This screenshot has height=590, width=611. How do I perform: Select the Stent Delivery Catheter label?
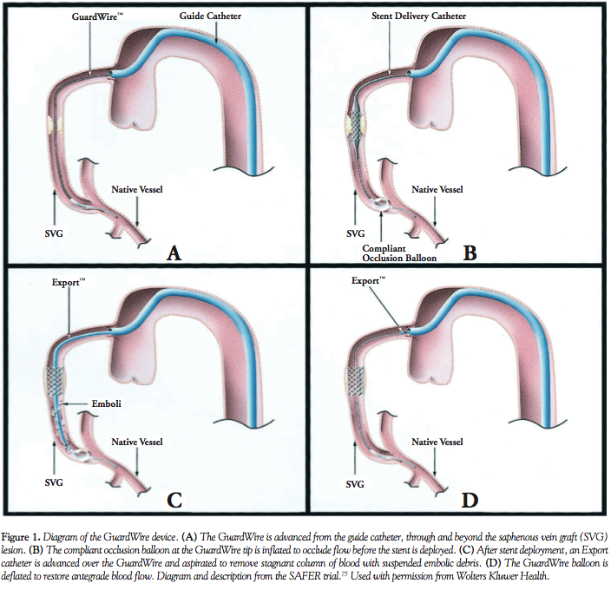click(418, 16)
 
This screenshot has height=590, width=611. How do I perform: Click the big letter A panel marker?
click(174, 252)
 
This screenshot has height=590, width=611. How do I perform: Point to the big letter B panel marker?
click(471, 253)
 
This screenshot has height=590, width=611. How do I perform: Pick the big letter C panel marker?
click(174, 500)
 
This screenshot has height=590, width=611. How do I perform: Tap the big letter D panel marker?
click(471, 500)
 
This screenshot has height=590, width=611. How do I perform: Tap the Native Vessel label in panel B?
click(437, 189)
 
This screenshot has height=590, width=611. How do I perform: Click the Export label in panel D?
click(368, 281)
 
